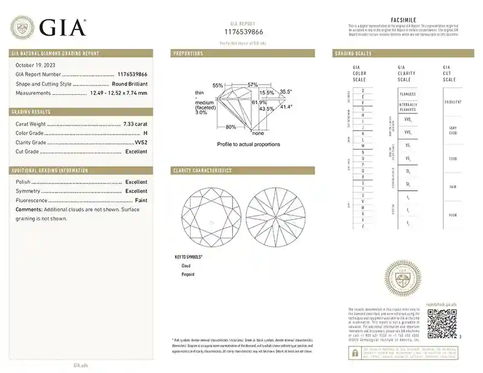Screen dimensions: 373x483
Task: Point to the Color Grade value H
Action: click(x=144, y=133)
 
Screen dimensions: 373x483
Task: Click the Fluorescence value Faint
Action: click(x=141, y=200)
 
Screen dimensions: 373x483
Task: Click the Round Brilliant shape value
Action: click(x=129, y=84)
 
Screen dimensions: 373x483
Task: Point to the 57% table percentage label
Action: click(x=252, y=84)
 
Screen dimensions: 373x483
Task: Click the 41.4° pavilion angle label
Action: click(x=286, y=107)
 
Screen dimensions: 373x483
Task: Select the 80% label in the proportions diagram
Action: click(x=231, y=127)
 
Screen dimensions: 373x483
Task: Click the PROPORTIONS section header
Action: click(x=188, y=54)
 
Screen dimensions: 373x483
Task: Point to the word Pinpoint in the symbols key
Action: click(x=188, y=275)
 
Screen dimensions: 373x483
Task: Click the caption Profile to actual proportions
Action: click(x=248, y=145)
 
